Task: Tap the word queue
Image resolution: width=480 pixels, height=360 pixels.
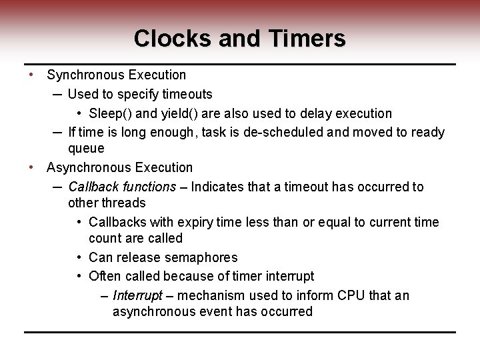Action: (86, 148)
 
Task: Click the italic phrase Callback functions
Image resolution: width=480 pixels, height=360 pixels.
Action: (122, 187)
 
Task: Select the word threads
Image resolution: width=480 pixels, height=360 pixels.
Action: (123, 203)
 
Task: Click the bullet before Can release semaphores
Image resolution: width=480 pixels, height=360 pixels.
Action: (79, 257)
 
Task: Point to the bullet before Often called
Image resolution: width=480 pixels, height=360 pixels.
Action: (79, 276)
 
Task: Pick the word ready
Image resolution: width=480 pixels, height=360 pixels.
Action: (427, 132)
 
